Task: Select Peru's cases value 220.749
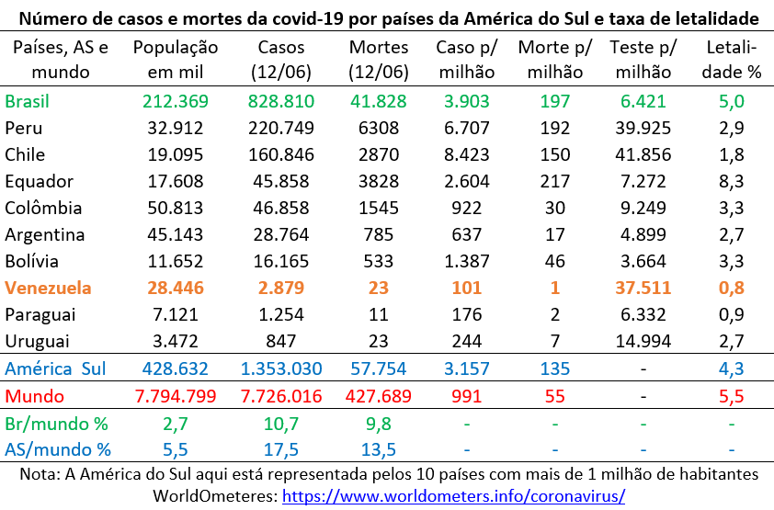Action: [281, 128]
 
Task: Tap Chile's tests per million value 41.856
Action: [643, 154]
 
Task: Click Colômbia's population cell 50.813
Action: [176, 208]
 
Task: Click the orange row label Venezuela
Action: [48, 288]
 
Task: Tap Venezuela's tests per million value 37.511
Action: [643, 288]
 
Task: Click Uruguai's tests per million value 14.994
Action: [643, 341]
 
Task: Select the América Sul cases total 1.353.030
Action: [281, 369]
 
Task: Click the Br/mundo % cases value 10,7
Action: [281, 425]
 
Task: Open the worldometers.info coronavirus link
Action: [453, 495]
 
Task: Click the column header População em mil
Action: [176, 60]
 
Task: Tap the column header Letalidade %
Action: [733, 60]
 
